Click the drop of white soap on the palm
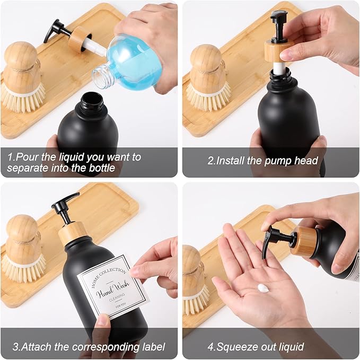click(x=262, y=288)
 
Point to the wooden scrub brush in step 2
click(x=207, y=74)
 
